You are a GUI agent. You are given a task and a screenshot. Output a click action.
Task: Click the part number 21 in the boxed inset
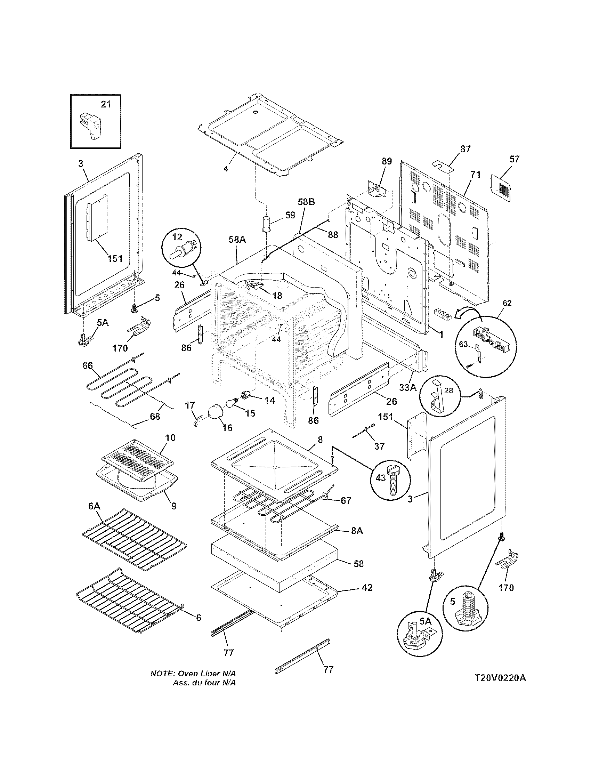(106, 104)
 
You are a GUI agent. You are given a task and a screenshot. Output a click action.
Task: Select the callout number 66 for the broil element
(87, 366)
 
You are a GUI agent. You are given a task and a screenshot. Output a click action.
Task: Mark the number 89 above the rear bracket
(386, 161)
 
